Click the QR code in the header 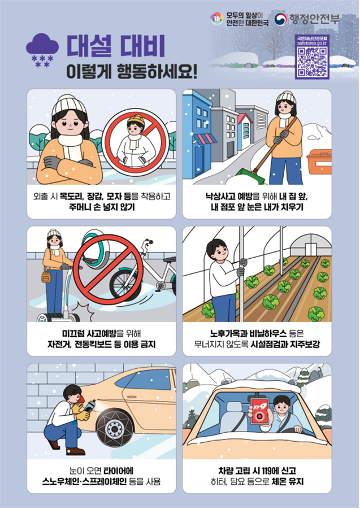(312, 62)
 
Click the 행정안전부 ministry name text (314, 19)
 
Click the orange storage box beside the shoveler (319, 162)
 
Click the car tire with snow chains (115, 428)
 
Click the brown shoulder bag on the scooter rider (46, 277)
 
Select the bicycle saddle (170, 259)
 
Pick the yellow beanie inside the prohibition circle (136, 120)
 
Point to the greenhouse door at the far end (310, 249)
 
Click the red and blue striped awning (205, 139)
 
